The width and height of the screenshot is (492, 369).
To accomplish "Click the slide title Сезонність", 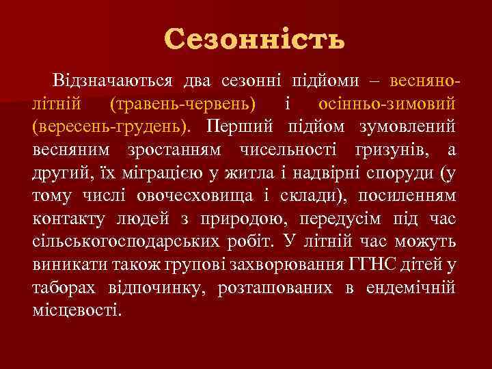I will click(x=254, y=39).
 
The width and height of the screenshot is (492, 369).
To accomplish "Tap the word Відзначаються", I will click(x=118, y=82).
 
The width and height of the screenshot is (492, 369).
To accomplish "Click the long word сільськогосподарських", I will click(x=124, y=241).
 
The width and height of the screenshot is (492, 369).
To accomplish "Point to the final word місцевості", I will click(x=77, y=310).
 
